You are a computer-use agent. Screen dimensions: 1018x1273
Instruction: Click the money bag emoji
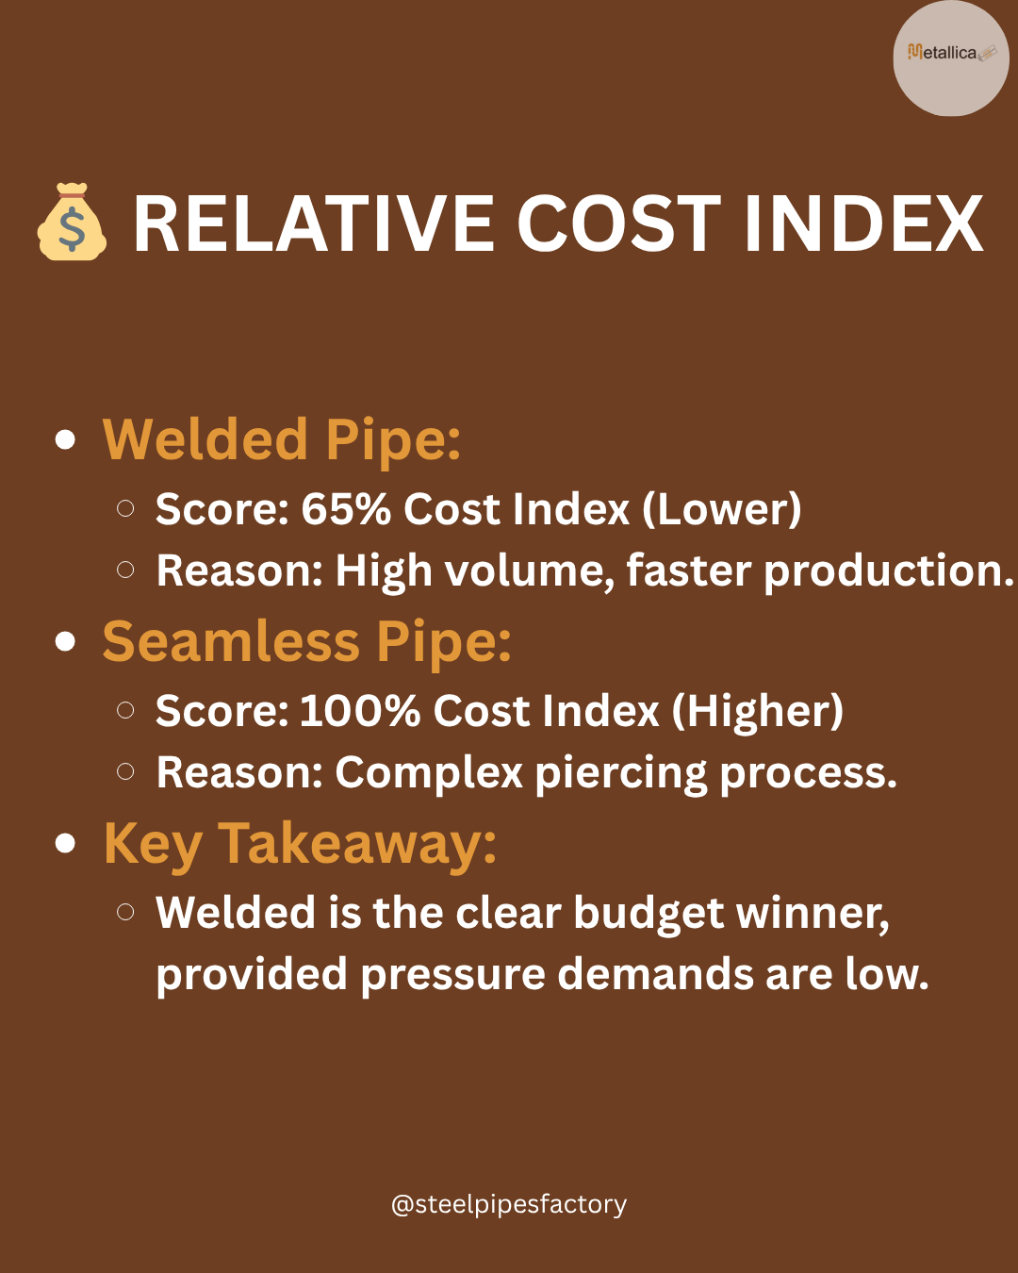73,222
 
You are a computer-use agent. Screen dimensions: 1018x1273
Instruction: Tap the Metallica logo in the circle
952,53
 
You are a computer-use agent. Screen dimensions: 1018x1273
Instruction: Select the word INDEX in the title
863,223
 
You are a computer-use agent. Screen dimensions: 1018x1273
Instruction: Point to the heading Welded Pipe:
281,439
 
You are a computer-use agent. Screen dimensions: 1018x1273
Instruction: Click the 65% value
346,508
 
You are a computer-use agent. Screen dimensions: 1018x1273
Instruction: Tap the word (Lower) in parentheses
722,508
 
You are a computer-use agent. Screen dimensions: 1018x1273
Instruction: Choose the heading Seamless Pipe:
306,642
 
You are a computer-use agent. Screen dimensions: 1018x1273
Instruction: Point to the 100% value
360,710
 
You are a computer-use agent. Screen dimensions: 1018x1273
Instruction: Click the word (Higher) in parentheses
758,710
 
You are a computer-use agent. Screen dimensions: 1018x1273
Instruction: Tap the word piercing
621,773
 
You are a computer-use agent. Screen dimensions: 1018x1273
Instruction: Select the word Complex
429,773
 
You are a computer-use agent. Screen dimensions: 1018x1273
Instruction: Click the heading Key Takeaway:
300,845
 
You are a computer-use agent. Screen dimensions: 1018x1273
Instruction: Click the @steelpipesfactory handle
509,1204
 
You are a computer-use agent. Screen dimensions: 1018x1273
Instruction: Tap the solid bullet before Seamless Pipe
65,642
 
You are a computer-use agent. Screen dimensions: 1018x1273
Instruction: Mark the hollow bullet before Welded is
125,912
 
